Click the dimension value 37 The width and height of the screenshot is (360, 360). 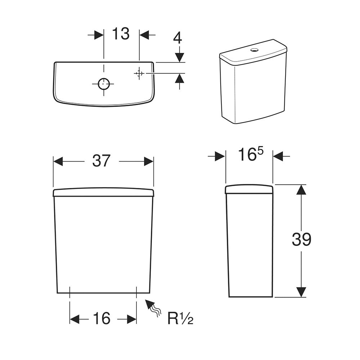[x=101, y=161]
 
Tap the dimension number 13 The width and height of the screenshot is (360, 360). [x=121, y=34]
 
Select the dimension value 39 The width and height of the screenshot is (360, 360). [x=301, y=239]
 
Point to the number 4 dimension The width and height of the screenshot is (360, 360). [x=177, y=38]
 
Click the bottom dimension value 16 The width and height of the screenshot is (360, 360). [x=102, y=318]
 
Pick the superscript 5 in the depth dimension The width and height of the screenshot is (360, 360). [x=260, y=151]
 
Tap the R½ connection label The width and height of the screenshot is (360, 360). [x=180, y=318]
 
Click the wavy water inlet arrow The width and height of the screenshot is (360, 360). [x=153, y=308]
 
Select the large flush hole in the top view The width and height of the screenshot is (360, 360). [x=104, y=84]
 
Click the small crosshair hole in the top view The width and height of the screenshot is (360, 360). [x=139, y=73]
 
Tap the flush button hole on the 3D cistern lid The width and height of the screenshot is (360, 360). [x=255, y=49]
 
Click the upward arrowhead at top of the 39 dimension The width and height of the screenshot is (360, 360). [x=301, y=189]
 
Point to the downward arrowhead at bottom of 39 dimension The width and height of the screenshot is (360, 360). [x=301, y=292]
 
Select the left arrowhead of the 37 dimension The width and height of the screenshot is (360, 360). [x=58, y=162]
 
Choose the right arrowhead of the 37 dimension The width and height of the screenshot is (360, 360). [x=149, y=162]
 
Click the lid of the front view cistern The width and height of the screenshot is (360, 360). [x=103, y=192]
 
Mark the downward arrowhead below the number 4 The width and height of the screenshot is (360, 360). [x=179, y=57]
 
